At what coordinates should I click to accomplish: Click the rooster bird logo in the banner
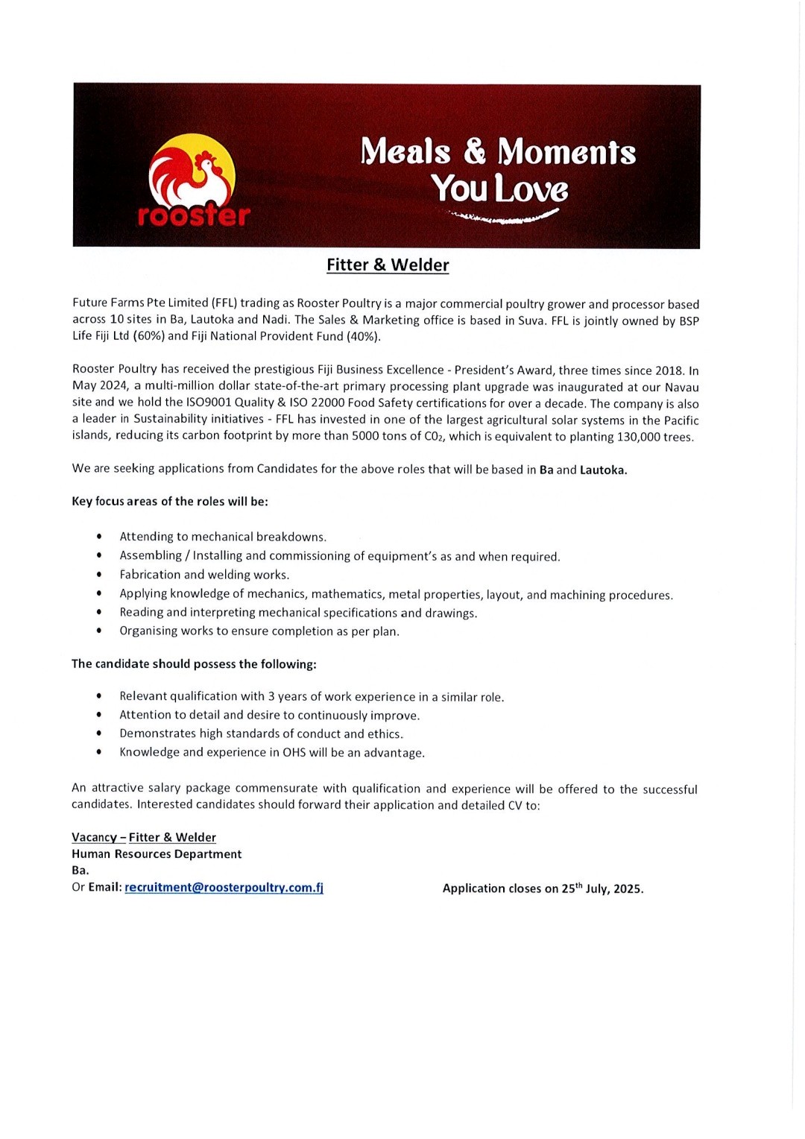(x=192, y=172)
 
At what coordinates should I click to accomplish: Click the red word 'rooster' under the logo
(x=194, y=215)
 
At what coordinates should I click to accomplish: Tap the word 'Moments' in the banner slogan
(x=566, y=152)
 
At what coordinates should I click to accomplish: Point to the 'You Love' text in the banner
(x=499, y=188)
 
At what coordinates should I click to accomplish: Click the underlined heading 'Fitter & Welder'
(x=388, y=265)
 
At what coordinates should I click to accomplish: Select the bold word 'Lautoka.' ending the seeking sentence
(x=603, y=470)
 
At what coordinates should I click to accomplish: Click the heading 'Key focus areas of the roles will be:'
(x=170, y=502)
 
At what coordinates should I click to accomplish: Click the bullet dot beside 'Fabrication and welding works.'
(x=99, y=575)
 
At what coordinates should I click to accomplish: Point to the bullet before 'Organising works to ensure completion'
(x=99, y=631)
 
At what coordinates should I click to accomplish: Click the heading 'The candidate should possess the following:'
(x=194, y=664)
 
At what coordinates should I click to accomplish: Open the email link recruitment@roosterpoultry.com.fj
(x=224, y=888)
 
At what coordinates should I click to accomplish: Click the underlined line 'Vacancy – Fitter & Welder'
(x=144, y=838)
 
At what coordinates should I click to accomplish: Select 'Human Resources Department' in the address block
(x=157, y=854)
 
